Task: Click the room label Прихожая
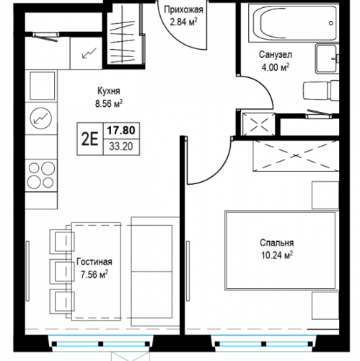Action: click(x=183, y=10)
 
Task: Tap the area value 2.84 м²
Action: click(x=184, y=22)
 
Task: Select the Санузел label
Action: click(x=276, y=55)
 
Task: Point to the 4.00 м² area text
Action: click(x=276, y=67)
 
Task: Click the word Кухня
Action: click(x=109, y=91)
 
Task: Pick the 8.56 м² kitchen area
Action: click(x=109, y=104)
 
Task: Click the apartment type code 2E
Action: click(x=90, y=139)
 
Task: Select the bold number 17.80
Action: click(x=121, y=131)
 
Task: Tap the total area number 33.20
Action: click(x=121, y=147)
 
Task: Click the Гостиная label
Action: click(x=95, y=262)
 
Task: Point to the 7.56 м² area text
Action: click(x=95, y=274)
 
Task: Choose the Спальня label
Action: click(x=277, y=243)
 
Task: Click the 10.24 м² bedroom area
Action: click(x=277, y=255)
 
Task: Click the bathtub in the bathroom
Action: click(x=294, y=22)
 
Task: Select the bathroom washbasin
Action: click(x=327, y=58)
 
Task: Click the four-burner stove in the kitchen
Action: click(x=41, y=175)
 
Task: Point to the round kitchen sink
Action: click(x=41, y=118)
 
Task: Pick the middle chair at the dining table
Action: click(x=62, y=271)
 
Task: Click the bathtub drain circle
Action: click(x=331, y=23)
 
